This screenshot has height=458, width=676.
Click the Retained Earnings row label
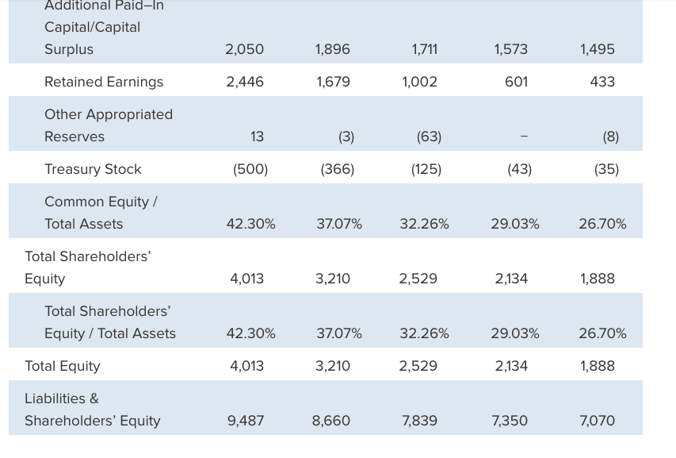pos(104,82)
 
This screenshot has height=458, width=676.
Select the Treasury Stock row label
pos(93,169)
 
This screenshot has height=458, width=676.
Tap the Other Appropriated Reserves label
pos(108,125)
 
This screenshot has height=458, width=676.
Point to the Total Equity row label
pos(63,366)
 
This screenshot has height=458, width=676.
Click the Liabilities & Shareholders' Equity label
pos(92,410)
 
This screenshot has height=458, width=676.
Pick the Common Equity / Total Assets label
pos(100,213)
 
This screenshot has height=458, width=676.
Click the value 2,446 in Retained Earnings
pos(245,82)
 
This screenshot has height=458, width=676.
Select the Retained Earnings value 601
pos(516,82)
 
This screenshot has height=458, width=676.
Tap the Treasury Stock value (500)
pos(250,169)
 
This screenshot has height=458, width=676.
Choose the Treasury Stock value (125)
pos(426,169)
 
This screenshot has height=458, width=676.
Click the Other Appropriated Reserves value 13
pos(257,137)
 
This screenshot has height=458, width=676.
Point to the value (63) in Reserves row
pos(429,137)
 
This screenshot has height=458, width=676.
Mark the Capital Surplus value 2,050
pos(245,49)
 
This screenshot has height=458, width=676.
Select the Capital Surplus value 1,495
pos(597,49)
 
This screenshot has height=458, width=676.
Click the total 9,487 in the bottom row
pos(246,421)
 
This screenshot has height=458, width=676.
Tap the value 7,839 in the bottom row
pos(419,421)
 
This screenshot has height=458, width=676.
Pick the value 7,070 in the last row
pos(597,421)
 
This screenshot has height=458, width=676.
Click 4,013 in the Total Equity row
pos(246,366)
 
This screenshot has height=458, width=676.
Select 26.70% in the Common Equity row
pos(602,224)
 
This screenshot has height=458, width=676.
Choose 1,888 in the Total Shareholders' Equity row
pos(597,279)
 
